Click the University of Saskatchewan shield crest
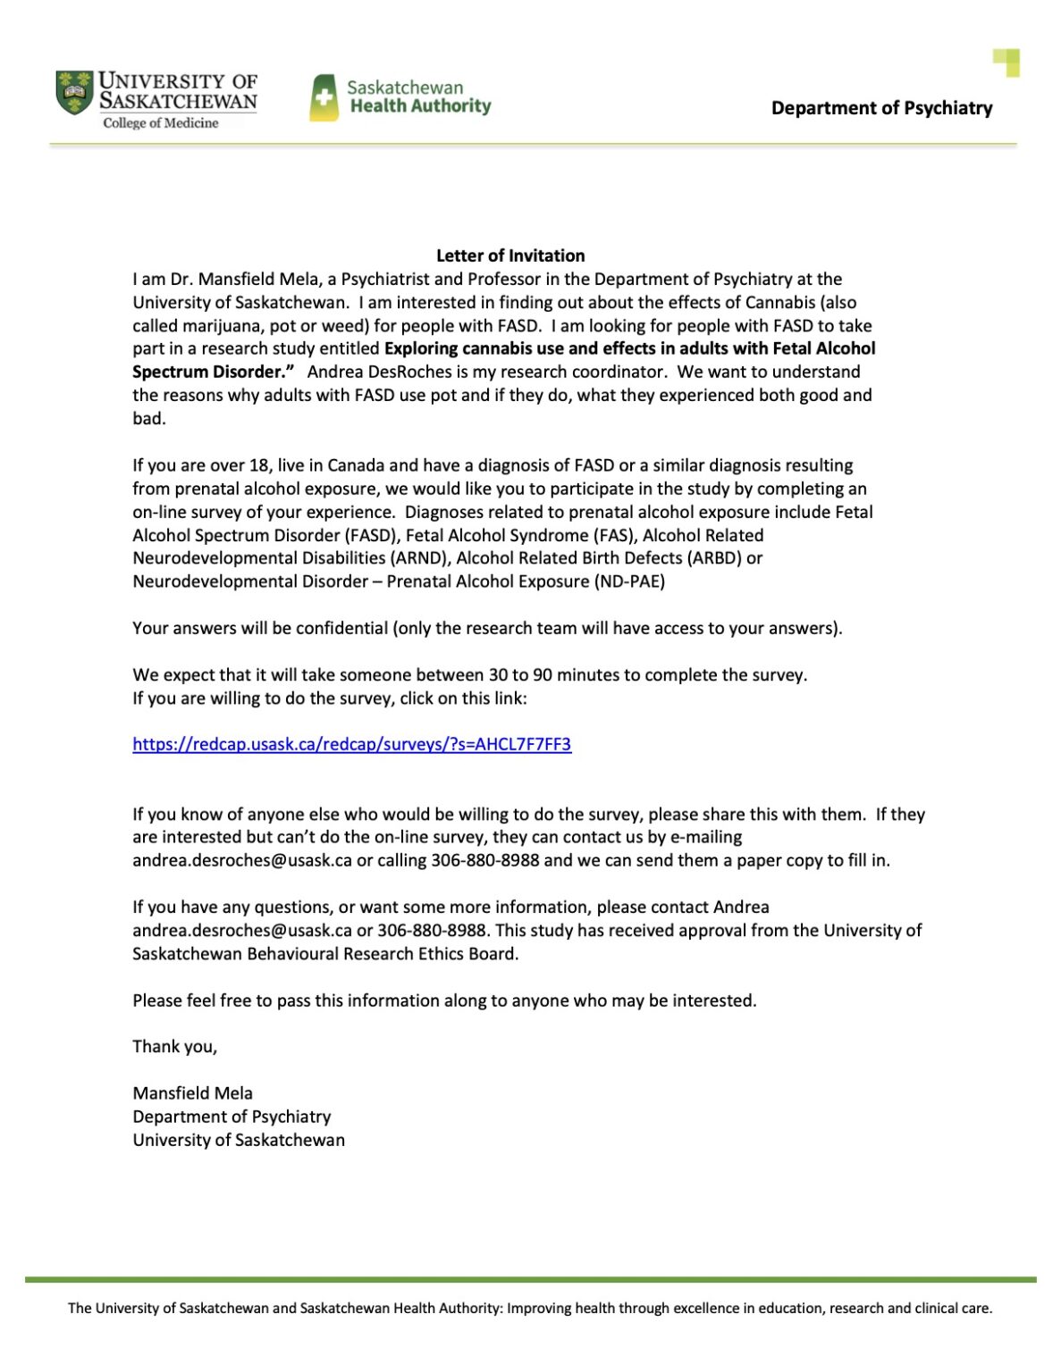(74, 93)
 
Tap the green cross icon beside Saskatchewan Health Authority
(324, 97)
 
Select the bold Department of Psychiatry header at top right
(881, 108)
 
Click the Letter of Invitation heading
(510, 255)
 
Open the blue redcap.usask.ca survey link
(351, 744)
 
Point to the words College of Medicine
(161, 123)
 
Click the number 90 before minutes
(543, 674)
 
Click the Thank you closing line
(175, 1046)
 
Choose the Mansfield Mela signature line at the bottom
(192, 1092)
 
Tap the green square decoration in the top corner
(1006, 63)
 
